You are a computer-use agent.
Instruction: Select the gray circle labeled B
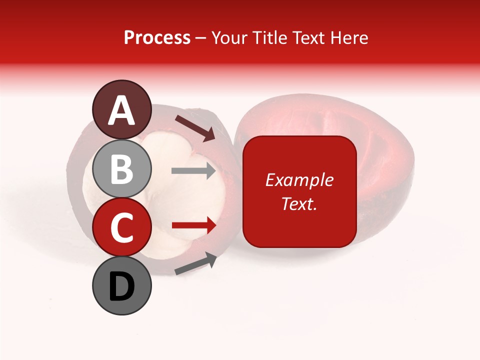121,169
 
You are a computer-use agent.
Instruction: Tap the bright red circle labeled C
121,227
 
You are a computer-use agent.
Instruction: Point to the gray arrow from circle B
193,171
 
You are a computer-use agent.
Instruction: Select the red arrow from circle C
193,225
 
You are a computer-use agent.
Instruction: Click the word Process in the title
157,37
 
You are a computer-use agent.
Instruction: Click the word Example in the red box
299,180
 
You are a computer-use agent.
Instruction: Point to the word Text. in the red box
299,203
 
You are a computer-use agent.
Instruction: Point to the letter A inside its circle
121,110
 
